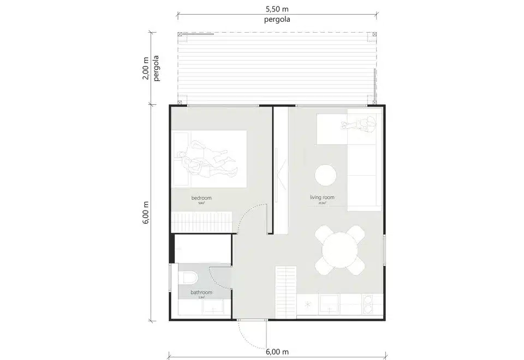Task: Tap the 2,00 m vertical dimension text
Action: (145, 68)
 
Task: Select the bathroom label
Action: (201, 292)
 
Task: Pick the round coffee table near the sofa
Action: (326, 176)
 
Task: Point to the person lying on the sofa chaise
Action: (358, 125)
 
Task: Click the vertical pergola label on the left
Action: (157, 68)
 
